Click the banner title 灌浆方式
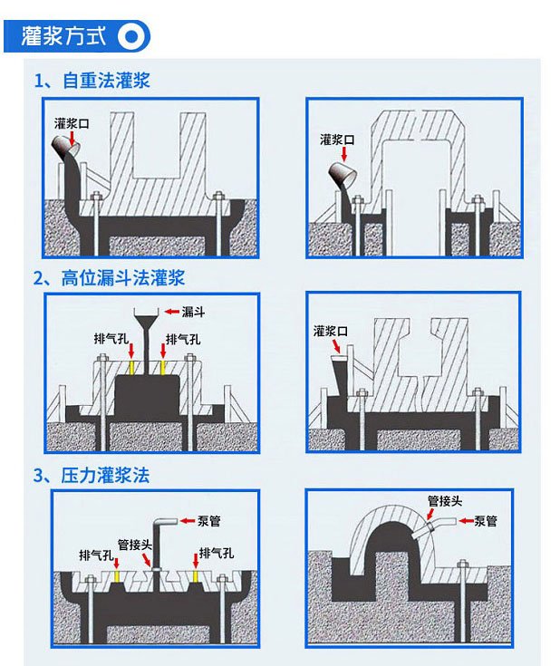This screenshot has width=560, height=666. [x=63, y=35]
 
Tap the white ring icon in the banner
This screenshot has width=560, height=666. [x=131, y=36]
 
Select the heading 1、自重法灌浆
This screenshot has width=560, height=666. [x=92, y=81]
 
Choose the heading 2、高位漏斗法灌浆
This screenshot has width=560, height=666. [x=110, y=278]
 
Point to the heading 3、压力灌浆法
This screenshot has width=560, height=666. [x=92, y=476]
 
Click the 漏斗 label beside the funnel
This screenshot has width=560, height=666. [x=193, y=312]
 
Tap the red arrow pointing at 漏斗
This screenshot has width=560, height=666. [x=171, y=312]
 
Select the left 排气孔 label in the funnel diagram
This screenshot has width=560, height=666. [x=111, y=339]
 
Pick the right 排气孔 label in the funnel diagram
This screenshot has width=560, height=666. [x=183, y=340]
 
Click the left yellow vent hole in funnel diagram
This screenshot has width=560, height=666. [x=131, y=368]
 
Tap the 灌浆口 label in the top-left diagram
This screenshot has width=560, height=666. [x=72, y=123]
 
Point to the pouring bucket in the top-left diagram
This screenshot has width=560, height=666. [x=65, y=147]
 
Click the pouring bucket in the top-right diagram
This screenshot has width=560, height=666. [x=343, y=174]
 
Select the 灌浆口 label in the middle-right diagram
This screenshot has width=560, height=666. [x=331, y=331]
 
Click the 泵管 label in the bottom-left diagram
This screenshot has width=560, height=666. [x=209, y=521]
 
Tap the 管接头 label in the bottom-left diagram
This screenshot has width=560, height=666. [x=135, y=545]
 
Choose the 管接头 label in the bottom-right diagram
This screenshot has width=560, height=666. [x=444, y=501]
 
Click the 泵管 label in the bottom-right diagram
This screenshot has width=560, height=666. [x=486, y=521]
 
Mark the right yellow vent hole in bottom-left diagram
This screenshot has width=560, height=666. [x=196, y=576]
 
